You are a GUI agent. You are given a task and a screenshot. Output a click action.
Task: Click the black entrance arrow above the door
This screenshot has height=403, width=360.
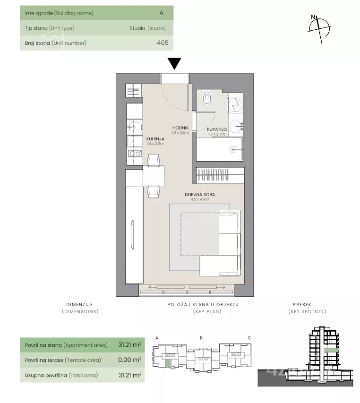point(174,63)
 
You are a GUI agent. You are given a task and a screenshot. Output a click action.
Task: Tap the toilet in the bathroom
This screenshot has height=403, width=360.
point(207,97)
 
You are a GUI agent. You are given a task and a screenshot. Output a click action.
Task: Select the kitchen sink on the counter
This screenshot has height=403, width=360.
point(134,127)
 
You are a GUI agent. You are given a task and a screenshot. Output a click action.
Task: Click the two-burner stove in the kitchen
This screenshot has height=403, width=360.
point(135,154)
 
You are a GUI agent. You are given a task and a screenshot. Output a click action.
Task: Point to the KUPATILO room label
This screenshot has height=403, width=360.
point(217,129)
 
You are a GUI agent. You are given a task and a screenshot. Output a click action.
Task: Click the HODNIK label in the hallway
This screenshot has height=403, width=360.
point(180,128)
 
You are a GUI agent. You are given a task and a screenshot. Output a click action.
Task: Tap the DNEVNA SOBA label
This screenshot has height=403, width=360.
point(200,195)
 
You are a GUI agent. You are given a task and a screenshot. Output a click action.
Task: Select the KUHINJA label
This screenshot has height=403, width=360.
point(155,139)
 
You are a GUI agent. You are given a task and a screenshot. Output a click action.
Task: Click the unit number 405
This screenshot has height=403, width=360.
point(163,43)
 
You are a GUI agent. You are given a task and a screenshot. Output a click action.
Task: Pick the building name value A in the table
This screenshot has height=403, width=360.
point(162,13)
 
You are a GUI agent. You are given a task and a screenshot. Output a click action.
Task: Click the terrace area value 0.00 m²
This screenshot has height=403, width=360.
point(130,360)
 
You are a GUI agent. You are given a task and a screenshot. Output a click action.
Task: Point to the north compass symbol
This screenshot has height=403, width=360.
point(319,29)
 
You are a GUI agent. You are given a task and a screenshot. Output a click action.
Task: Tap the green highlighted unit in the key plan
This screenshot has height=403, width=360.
point(168,363)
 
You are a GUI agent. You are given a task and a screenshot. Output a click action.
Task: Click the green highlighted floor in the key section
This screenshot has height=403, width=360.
point(330,350)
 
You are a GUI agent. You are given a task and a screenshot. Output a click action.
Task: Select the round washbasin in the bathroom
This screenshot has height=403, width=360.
point(236,127)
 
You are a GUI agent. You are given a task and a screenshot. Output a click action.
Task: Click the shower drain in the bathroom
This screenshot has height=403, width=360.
point(233,149)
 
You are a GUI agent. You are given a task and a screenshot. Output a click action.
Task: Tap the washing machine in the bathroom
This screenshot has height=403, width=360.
point(235,105)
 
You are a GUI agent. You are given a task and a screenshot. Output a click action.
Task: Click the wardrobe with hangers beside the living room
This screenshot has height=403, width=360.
point(220,175)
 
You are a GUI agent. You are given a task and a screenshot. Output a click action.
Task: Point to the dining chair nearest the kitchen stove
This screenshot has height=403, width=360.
point(154,160)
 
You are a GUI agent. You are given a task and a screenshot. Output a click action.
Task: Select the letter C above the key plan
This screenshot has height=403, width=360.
point(249,338)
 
